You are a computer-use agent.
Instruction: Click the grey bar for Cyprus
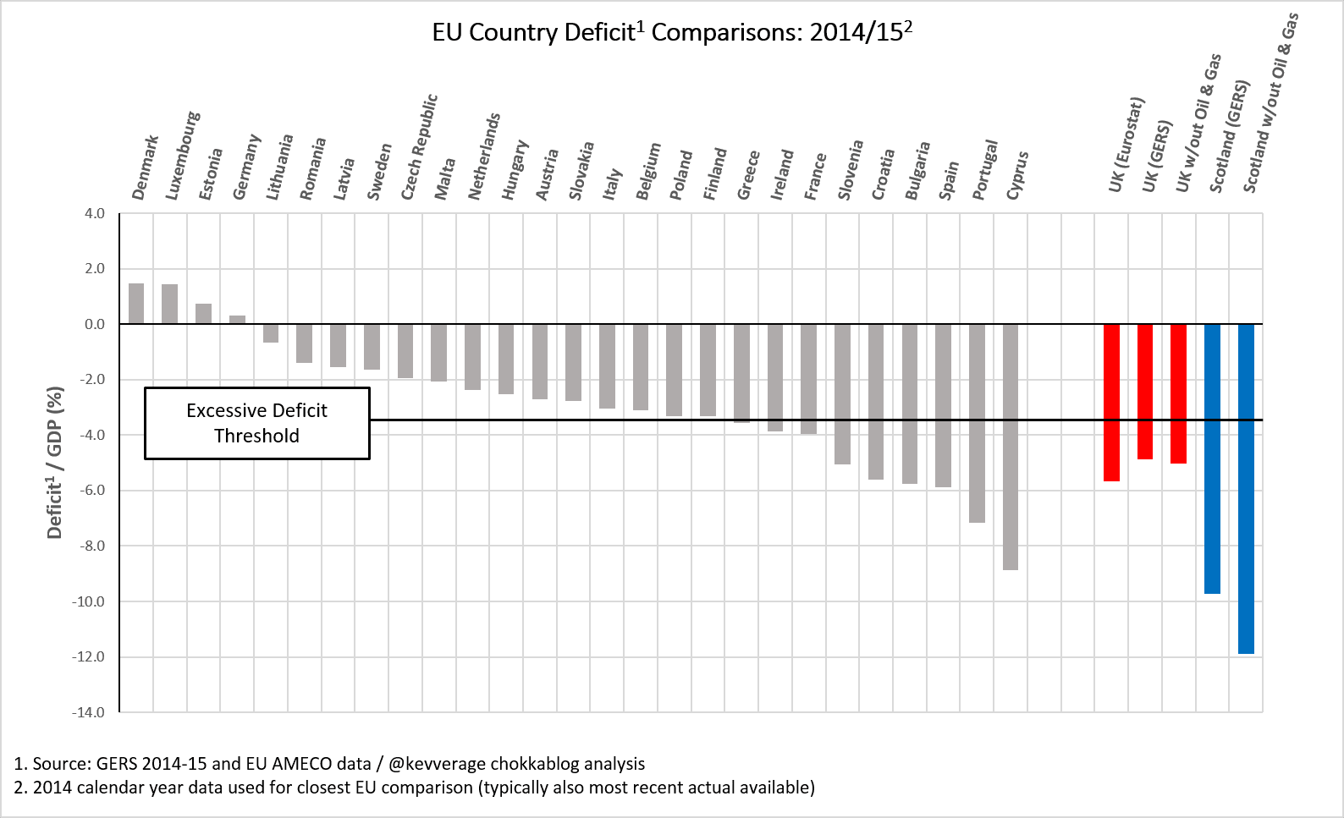point(1011,447)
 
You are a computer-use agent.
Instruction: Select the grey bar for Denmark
point(136,304)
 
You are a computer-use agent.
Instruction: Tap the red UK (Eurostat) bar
point(1111,403)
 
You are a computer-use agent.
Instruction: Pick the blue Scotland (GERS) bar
point(1212,458)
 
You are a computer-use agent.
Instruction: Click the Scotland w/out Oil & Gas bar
point(1246,489)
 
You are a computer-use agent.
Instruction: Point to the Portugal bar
point(977,424)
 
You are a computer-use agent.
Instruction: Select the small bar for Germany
point(237,320)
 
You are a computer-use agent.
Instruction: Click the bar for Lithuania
point(271,333)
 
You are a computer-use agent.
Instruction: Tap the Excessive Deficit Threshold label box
point(256,424)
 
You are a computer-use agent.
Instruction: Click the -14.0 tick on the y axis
point(88,712)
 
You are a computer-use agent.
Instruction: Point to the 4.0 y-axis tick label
point(94,213)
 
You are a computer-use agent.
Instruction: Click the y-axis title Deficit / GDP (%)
point(55,463)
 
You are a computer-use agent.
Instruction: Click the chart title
point(672,32)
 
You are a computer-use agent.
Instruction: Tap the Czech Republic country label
point(419,146)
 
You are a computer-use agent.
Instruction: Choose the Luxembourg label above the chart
point(183,156)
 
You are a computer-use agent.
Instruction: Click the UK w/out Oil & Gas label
point(1198,123)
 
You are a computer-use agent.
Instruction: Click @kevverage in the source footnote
point(437,765)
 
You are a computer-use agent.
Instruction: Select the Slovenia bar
point(842,394)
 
